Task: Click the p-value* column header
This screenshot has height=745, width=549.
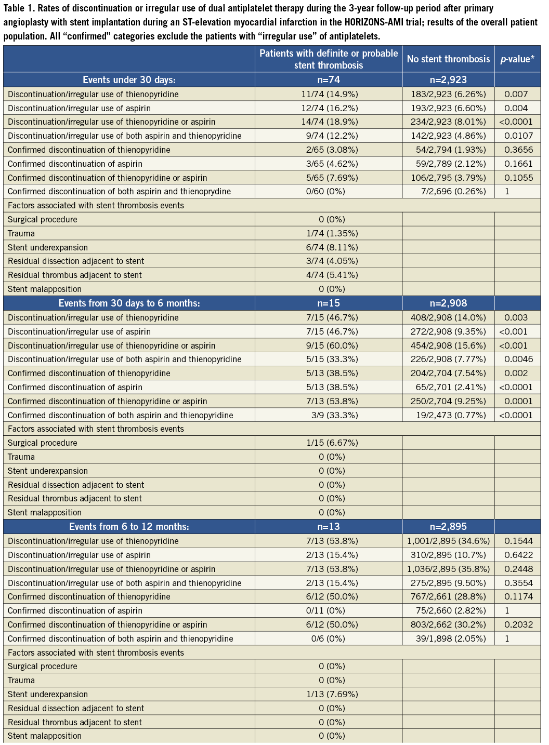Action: pyautogui.click(x=517, y=59)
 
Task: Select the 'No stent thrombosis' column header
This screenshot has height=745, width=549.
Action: pyautogui.click(x=448, y=59)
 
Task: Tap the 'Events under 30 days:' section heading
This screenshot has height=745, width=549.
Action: pyautogui.click(x=129, y=80)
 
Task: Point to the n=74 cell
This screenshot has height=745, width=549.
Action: pyautogui.click(x=329, y=80)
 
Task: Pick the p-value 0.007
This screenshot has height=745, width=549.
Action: pyautogui.click(x=516, y=95)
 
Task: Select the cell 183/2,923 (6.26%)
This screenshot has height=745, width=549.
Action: pyautogui.click(x=448, y=95)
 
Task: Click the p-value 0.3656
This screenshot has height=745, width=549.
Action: pyautogui.click(x=518, y=150)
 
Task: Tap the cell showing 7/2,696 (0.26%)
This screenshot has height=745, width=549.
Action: pyautogui.click(x=453, y=191)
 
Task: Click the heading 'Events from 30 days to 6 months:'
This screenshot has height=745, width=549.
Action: pyautogui.click(x=129, y=303)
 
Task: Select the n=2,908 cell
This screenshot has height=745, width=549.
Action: pyautogui.click(x=448, y=303)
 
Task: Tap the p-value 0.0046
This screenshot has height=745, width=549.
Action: pyautogui.click(x=518, y=359)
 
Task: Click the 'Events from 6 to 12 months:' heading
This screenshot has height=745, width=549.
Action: pyautogui.click(x=129, y=527)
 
